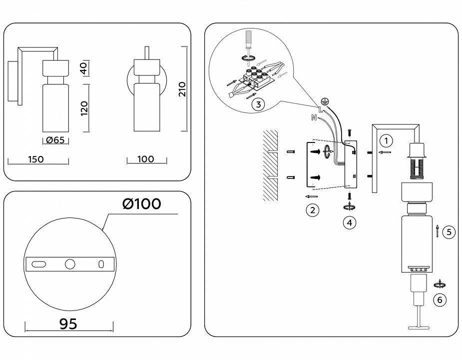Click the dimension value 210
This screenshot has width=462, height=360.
click(x=183, y=89)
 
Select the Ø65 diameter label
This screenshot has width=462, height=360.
click(x=55, y=139)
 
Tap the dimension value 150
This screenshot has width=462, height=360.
click(x=36, y=159)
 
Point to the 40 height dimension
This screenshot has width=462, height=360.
click(x=84, y=68)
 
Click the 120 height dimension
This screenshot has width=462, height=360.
click(x=84, y=108)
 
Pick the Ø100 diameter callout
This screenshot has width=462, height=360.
click(x=142, y=203)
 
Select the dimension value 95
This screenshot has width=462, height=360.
click(x=68, y=324)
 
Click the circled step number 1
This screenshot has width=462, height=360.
click(x=386, y=141)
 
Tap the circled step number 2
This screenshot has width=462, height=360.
click(x=312, y=210)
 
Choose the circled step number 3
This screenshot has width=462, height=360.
click(x=258, y=104)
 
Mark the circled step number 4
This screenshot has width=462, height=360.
click(x=350, y=222)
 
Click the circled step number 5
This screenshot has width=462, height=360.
click(x=449, y=232)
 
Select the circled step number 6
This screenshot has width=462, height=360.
click(x=440, y=300)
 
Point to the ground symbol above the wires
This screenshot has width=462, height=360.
click(x=324, y=101)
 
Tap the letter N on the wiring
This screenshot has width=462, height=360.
click(x=314, y=118)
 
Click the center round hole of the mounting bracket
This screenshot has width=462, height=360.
click(x=70, y=264)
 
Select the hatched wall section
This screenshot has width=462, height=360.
click(x=270, y=165)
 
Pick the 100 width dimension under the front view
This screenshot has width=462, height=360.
click(x=146, y=159)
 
